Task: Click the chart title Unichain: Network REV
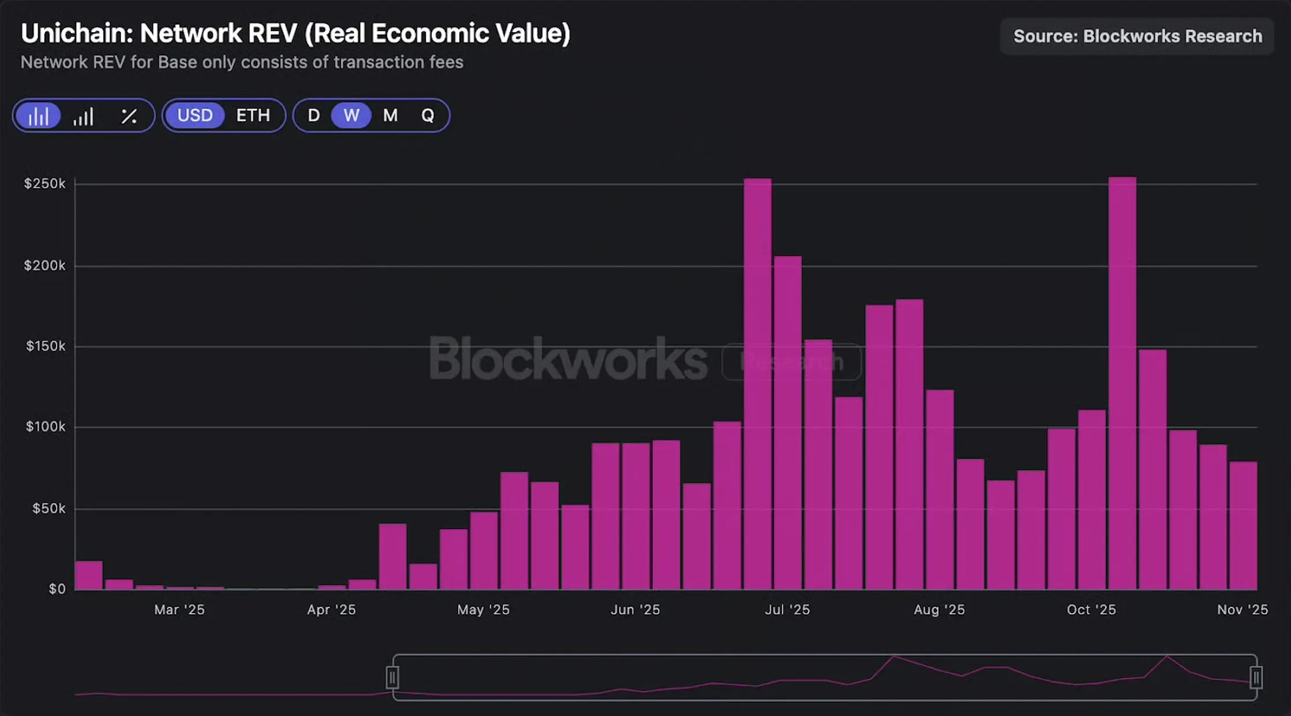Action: tap(295, 33)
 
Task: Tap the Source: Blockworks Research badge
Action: tap(1137, 36)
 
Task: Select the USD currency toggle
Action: tap(195, 115)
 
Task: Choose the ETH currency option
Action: tap(253, 115)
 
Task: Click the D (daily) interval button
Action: tap(314, 115)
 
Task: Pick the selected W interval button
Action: tap(351, 115)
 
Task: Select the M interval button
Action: tap(390, 115)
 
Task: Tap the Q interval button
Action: tap(428, 115)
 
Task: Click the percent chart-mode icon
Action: tap(129, 116)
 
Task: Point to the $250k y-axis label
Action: tap(44, 184)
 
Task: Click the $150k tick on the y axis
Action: tap(46, 346)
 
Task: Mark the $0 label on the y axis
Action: tap(57, 589)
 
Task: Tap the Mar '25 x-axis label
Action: tap(179, 610)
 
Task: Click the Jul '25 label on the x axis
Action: tap(787, 610)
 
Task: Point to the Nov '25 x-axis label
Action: tap(1242, 610)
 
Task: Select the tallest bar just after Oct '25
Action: tap(1122, 381)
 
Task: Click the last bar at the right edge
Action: tap(1243, 525)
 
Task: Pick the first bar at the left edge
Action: tap(88, 575)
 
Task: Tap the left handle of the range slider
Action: tap(392, 677)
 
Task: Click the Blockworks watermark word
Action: tap(568, 359)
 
